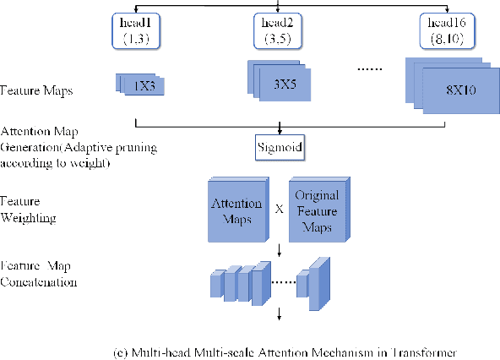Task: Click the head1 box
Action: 136,31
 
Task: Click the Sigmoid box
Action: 278,149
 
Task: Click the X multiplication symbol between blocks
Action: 277,207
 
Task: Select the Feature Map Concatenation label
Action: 39,275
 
